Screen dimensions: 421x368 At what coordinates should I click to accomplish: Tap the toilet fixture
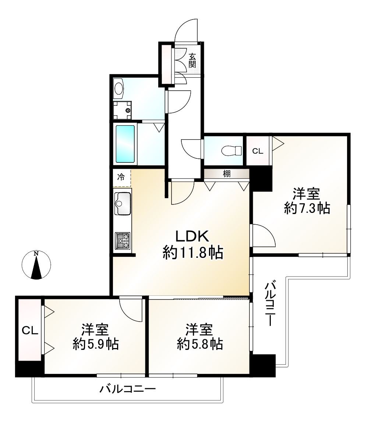tap(231, 150)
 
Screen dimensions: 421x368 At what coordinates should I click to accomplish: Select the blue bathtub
tap(125, 144)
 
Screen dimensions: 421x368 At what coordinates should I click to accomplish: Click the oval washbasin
tap(118, 89)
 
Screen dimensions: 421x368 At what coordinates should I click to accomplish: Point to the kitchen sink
tap(123, 203)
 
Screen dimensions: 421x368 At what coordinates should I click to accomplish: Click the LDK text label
tap(191, 236)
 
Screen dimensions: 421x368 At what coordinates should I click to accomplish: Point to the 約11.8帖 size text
tap(193, 253)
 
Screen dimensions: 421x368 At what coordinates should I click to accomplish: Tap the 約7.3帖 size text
tap(307, 209)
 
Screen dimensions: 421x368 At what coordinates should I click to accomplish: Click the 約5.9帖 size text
tap(95, 344)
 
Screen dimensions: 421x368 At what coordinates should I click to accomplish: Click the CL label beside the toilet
tap(257, 151)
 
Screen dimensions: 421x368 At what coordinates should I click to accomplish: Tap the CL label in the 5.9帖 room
tap(30, 330)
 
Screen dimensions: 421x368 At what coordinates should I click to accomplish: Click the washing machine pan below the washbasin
tap(123, 110)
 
